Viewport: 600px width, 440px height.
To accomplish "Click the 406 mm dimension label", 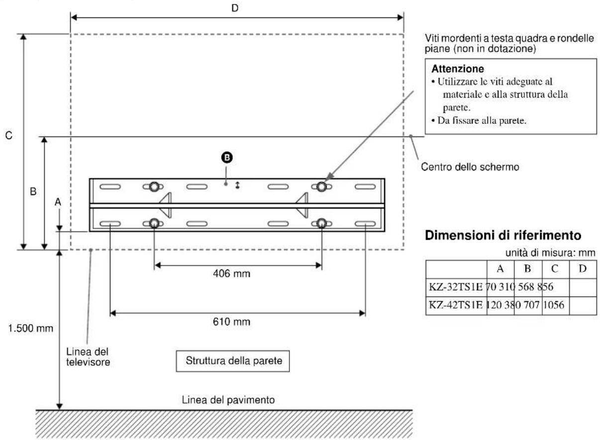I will (x=238, y=274).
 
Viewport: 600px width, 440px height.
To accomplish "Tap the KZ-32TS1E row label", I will (x=453, y=287).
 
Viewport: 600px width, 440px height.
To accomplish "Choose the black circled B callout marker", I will (x=227, y=157).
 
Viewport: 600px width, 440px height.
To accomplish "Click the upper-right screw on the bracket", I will (x=322, y=186).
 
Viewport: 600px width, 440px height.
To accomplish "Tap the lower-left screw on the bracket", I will (x=154, y=223).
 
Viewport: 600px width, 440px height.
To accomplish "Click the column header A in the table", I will (x=500, y=269).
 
